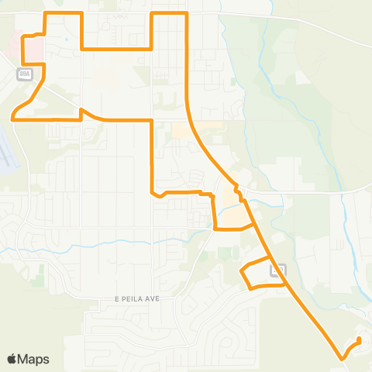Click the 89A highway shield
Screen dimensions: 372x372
(x=23, y=73)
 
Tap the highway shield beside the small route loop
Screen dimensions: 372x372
(x=277, y=270)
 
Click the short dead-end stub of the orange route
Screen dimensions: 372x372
(x=358, y=342)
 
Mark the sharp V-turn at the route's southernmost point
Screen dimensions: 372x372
(x=342, y=358)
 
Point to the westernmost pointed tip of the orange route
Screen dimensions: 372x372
(x=12, y=118)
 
